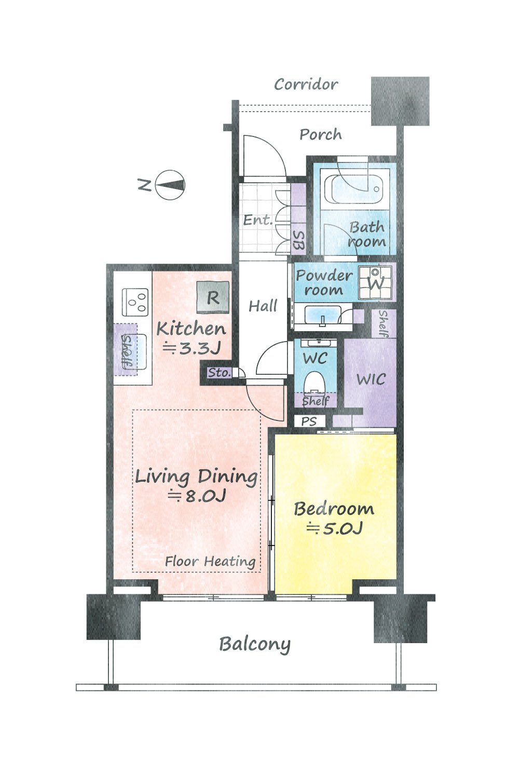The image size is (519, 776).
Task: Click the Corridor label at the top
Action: coord(306,84)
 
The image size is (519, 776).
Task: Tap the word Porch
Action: coord(320,134)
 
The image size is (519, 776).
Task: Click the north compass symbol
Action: coord(170,185)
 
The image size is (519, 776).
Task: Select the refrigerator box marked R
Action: coord(213,297)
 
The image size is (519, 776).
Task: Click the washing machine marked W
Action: coord(376,283)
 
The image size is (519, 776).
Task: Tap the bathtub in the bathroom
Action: coord(355,189)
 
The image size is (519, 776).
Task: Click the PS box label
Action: coord(309,421)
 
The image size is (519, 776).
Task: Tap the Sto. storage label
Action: coord(220,373)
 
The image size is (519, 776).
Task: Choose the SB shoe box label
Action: coord(298,240)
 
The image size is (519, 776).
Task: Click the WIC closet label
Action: coord(371,379)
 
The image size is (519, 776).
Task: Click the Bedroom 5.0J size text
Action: coord(335,528)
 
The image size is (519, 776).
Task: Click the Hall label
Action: coord(263,306)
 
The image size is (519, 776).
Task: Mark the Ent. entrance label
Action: coord(257,220)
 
